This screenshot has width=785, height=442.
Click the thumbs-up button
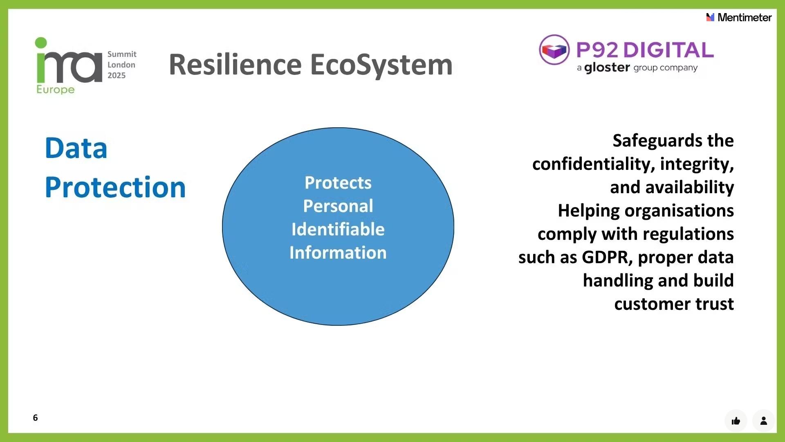tap(736, 421)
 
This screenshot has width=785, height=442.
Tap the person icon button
tap(763, 421)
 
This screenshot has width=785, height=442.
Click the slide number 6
tap(36, 417)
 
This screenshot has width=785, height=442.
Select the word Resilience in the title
tap(235, 65)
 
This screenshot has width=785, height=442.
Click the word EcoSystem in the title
tap(381, 65)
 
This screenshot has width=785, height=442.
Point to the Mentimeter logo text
tap(744, 18)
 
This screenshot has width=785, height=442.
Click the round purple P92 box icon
tap(554, 50)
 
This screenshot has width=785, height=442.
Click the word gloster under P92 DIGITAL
tap(607, 68)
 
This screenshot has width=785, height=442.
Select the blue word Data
tap(76, 148)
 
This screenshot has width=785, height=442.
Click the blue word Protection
tap(115, 187)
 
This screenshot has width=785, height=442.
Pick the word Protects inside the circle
tap(338, 183)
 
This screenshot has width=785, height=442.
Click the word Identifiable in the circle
tap(338, 229)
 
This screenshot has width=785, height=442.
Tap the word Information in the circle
tap(338, 253)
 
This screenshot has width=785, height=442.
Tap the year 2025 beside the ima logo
tap(117, 75)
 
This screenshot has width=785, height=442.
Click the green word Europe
tap(56, 90)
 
